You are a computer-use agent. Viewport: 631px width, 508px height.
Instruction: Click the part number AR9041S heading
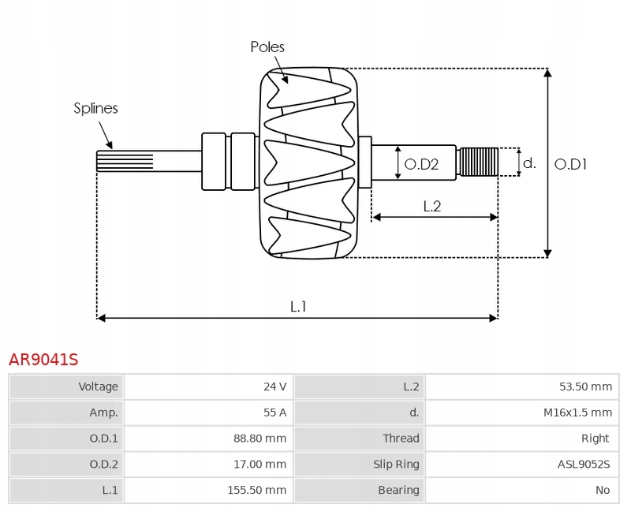pyautogui.click(x=43, y=360)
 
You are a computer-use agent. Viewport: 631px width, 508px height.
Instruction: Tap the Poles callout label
pyautogui.click(x=267, y=47)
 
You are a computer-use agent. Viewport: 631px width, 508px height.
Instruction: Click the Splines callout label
pyautogui.click(x=95, y=108)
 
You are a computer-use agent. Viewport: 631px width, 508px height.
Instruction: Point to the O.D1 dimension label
pyautogui.click(x=571, y=164)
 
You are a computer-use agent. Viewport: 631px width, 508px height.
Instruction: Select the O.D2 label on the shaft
pyautogui.click(x=421, y=164)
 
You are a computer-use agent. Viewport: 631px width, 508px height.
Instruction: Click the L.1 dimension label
pyautogui.click(x=297, y=306)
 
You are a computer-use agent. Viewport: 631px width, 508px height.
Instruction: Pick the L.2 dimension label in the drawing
pyautogui.click(x=431, y=207)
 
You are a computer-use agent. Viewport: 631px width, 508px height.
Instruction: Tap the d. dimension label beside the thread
pyautogui.click(x=530, y=163)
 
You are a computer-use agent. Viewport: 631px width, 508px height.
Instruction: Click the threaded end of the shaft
pyautogui.click(x=478, y=162)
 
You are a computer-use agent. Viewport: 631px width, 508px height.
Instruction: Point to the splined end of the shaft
pyautogui.click(x=125, y=161)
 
